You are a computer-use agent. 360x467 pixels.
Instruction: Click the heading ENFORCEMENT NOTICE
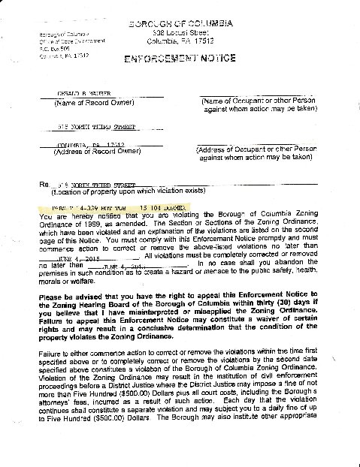click(x=180, y=57)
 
